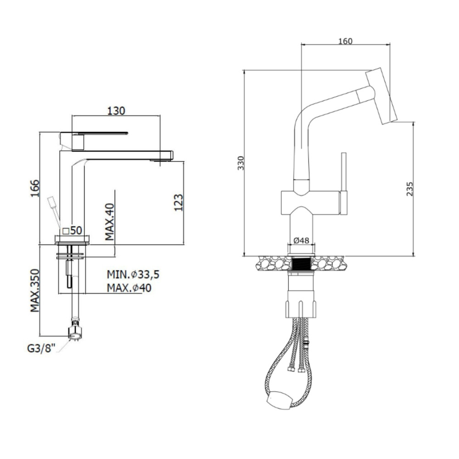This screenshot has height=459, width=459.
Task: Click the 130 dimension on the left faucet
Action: point(116,111)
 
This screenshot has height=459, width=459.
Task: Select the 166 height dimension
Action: point(35,188)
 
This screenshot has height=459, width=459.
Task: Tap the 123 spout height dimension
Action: point(178,202)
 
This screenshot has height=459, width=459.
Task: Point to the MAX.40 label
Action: point(110,222)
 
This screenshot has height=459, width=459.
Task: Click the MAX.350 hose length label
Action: point(35,291)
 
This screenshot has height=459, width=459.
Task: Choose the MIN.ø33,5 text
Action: point(133,274)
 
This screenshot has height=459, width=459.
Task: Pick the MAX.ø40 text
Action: point(129,288)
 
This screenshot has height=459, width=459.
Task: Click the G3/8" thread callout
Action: point(41,349)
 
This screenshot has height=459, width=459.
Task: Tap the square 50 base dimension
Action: point(73,231)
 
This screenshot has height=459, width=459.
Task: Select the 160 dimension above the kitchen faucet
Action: point(346,41)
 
